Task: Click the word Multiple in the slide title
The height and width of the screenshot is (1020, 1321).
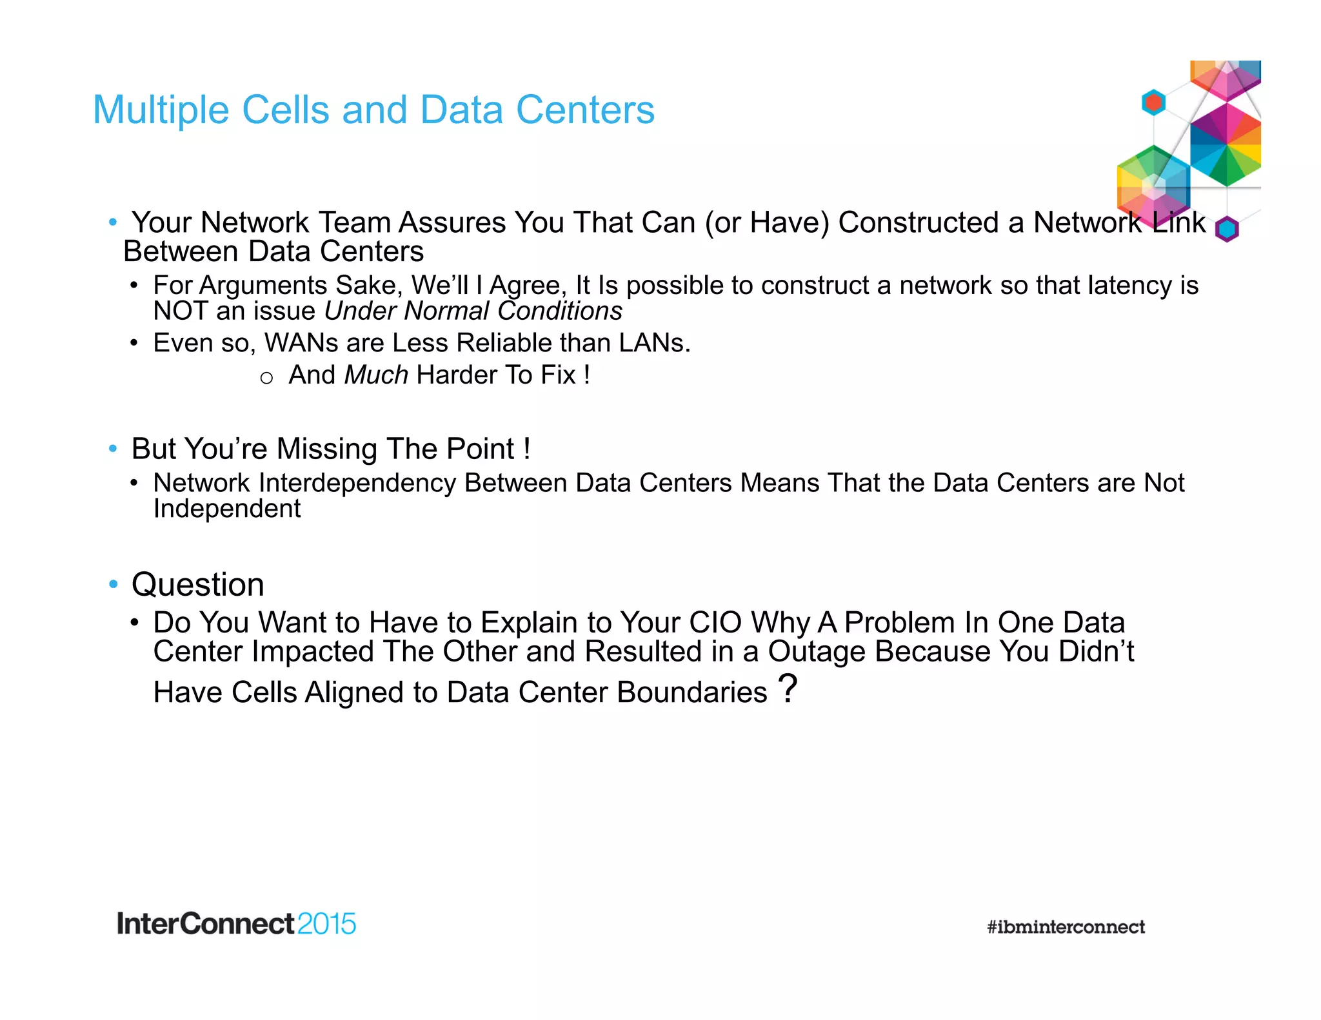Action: (161, 110)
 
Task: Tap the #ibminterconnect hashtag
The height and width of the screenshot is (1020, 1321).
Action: (1066, 927)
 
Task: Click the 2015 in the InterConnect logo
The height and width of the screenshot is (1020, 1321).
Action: (326, 924)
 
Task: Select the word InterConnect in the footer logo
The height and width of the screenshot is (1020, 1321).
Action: (205, 924)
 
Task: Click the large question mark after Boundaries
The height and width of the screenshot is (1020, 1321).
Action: (788, 689)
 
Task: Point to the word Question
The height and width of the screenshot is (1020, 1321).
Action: (197, 585)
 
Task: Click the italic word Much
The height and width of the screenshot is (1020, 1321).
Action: (376, 375)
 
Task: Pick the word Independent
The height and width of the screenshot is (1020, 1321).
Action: (226, 509)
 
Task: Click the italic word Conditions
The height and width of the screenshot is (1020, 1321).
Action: (560, 311)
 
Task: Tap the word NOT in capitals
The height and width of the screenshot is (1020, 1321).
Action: (180, 311)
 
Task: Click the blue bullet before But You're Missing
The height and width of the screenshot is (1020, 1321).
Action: (113, 448)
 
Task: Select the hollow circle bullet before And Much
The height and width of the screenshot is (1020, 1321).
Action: (266, 378)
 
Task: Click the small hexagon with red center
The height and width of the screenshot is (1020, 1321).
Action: (1153, 103)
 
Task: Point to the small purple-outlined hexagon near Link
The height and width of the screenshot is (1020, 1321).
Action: (1227, 229)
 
